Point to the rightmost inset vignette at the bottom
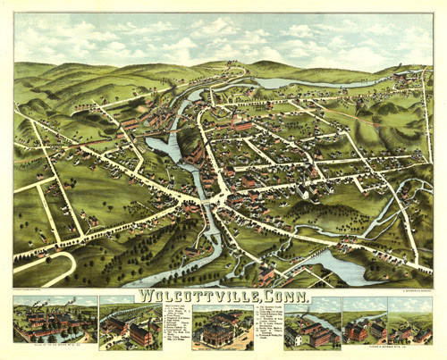click(x=409, y=325)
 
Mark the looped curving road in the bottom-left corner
click(x=40, y=264)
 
